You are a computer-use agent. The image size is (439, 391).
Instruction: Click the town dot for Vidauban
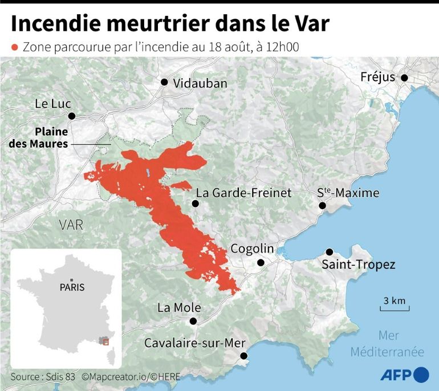164,82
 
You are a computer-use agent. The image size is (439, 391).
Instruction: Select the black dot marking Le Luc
72,116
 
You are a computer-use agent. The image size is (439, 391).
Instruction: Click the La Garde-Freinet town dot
196,203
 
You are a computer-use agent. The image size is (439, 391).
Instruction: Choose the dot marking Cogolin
261,263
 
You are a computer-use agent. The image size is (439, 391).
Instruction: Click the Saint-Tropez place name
358,264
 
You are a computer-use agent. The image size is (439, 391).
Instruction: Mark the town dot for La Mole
196,321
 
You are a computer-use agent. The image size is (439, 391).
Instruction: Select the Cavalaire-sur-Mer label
194,343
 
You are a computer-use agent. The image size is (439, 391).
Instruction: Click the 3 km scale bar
394,308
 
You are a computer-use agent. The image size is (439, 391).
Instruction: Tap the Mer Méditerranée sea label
387,344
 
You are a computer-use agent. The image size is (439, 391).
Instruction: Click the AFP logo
404,374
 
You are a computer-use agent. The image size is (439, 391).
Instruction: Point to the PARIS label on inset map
72,287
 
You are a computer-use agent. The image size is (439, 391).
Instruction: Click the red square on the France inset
105,341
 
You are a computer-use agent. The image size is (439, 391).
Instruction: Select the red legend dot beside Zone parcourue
15,47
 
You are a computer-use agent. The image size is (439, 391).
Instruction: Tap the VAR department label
71,225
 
